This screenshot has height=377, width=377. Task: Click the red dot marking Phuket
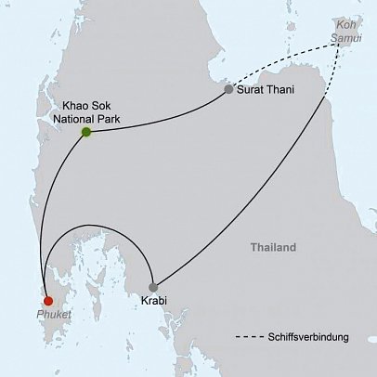pyautogui.click(x=48, y=300)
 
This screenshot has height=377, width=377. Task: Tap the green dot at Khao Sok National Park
pyautogui.click(x=86, y=133)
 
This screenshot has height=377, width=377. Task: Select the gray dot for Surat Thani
pyautogui.click(x=228, y=89)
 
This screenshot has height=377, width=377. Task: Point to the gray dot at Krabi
pyautogui.click(x=153, y=287)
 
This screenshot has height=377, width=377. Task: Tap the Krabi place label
pyautogui.click(x=154, y=302)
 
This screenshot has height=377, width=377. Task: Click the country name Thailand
pyautogui.click(x=273, y=248)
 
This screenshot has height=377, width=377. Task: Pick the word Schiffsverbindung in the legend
pyautogui.click(x=308, y=337)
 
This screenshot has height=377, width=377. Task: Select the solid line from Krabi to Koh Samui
pyautogui.click(x=269, y=186)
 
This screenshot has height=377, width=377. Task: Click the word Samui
pyautogui.click(x=349, y=36)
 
